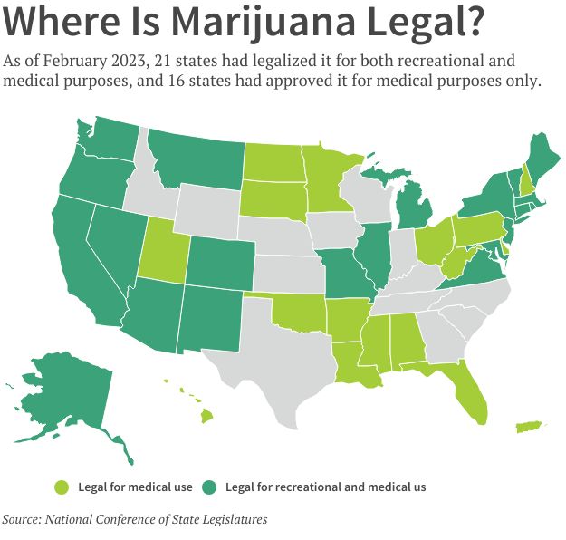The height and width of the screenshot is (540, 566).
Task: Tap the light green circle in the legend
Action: [x=62, y=487]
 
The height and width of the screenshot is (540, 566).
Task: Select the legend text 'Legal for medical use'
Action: [x=135, y=487]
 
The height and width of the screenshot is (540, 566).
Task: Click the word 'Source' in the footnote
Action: [x=23, y=520]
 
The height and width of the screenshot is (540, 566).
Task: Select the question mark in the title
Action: [x=467, y=22]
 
